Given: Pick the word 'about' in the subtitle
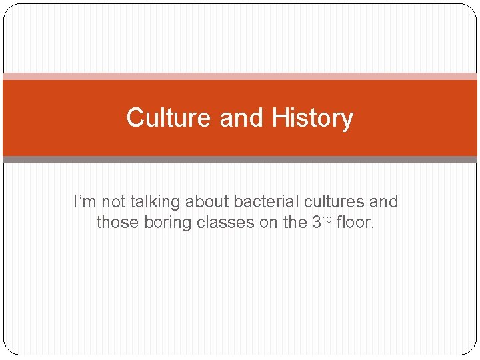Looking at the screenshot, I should click(x=209, y=201).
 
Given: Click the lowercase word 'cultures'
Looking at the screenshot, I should click(x=331, y=201).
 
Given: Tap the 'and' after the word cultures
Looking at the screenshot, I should click(x=383, y=201).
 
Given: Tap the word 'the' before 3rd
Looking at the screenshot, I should click(x=295, y=222).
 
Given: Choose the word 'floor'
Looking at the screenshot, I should click(x=355, y=222).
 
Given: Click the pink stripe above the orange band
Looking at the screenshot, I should click(x=240, y=76).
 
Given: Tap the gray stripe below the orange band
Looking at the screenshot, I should click(x=240, y=159).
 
